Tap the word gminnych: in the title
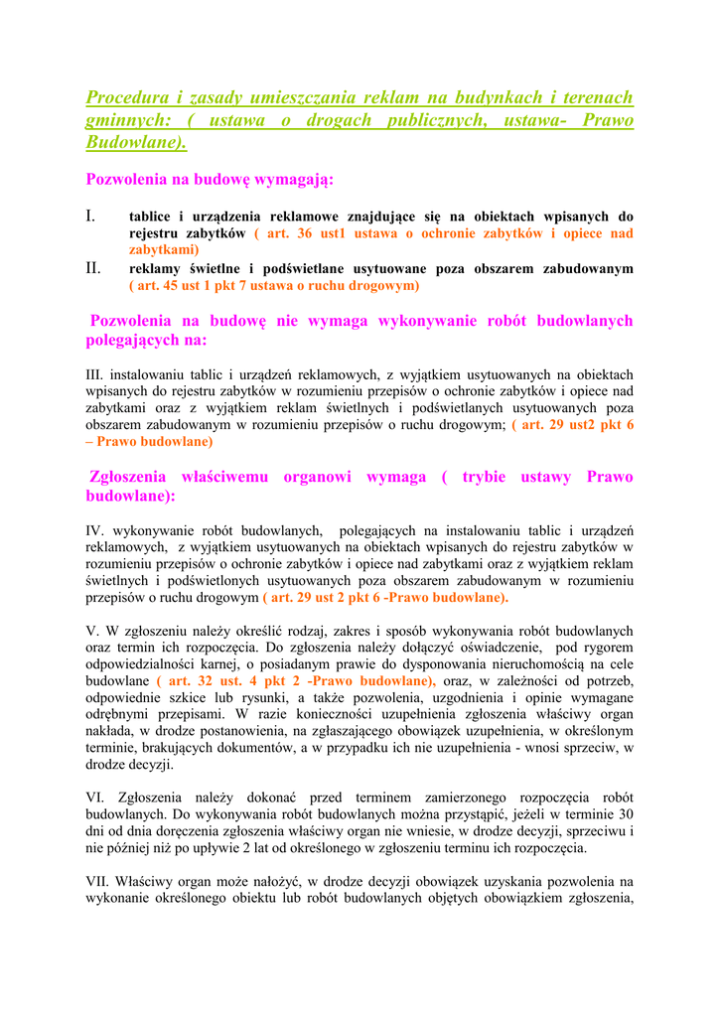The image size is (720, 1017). [126, 120]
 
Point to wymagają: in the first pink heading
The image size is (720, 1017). [295, 180]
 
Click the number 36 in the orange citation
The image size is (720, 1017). [306, 233]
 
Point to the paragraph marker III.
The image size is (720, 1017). [95, 375]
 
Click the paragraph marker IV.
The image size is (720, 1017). [96, 531]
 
